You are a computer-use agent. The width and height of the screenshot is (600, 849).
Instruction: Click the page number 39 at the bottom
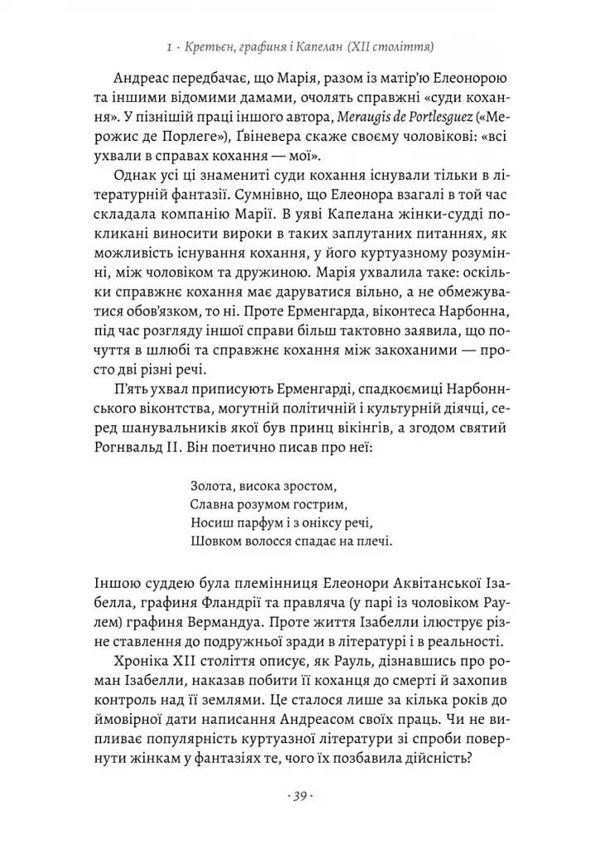pyautogui.click(x=300, y=797)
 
